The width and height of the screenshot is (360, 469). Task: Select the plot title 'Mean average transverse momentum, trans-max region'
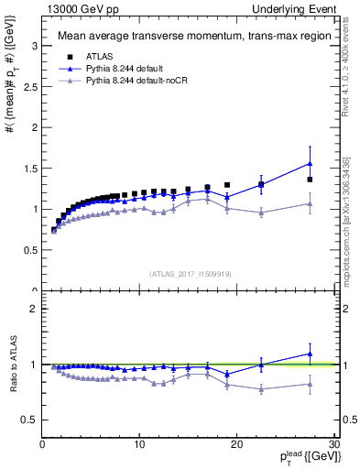coord(187,37)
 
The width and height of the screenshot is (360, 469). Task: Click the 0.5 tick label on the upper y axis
coord(29,250)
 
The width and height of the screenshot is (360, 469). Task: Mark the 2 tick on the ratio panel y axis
coord(34,309)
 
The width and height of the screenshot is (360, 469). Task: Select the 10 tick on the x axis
coord(139,444)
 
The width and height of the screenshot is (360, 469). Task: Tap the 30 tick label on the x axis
coord(333,444)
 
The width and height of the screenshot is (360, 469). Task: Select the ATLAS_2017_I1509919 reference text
coord(189,273)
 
